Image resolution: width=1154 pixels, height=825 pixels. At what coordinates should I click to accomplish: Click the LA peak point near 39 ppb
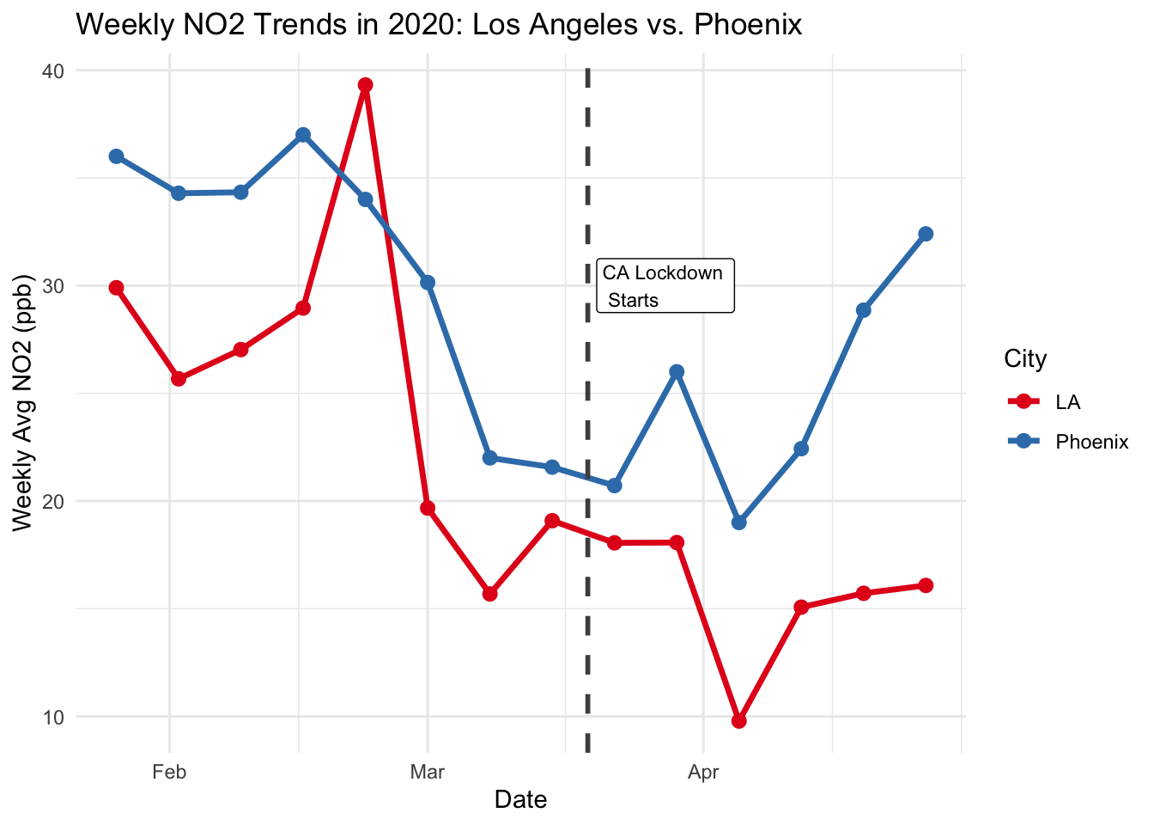click(x=365, y=85)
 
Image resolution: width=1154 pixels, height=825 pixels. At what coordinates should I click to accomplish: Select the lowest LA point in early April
click(x=739, y=721)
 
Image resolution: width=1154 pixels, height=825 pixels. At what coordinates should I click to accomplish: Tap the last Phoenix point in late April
click(x=926, y=234)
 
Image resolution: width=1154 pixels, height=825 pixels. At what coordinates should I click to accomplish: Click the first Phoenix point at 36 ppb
click(x=116, y=156)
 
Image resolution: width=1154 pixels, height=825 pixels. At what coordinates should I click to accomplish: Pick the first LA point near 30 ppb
click(x=116, y=288)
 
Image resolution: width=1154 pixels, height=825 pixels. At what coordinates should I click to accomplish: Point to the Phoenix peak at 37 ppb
click(x=303, y=135)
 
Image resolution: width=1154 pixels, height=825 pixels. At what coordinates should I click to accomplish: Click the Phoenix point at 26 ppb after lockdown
click(x=677, y=371)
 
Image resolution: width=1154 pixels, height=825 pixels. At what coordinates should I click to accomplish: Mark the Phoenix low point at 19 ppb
click(x=739, y=522)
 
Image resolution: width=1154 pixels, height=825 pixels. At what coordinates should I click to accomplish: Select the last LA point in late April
click(x=926, y=585)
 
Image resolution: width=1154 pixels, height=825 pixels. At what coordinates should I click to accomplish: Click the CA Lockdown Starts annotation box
click(x=665, y=286)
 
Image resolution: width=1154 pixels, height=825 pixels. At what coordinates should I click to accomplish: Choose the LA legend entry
click(x=1067, y=402)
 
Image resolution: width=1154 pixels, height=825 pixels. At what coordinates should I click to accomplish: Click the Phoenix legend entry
click(x=1090, y=442)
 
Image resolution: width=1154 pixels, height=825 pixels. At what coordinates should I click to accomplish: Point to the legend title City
click(x=1025, y=359)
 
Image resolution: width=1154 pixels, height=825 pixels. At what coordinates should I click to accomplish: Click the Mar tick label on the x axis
click(x=427, y=772)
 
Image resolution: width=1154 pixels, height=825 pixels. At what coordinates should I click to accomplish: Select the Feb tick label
click(x=169, y=772)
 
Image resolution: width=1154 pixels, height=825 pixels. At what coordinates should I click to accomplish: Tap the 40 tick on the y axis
click(x=54, y=70)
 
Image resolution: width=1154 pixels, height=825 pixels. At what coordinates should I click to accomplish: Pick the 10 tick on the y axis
click(x=54, y=717)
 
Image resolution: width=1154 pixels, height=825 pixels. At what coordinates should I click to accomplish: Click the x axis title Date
click(x=520, y=800)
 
